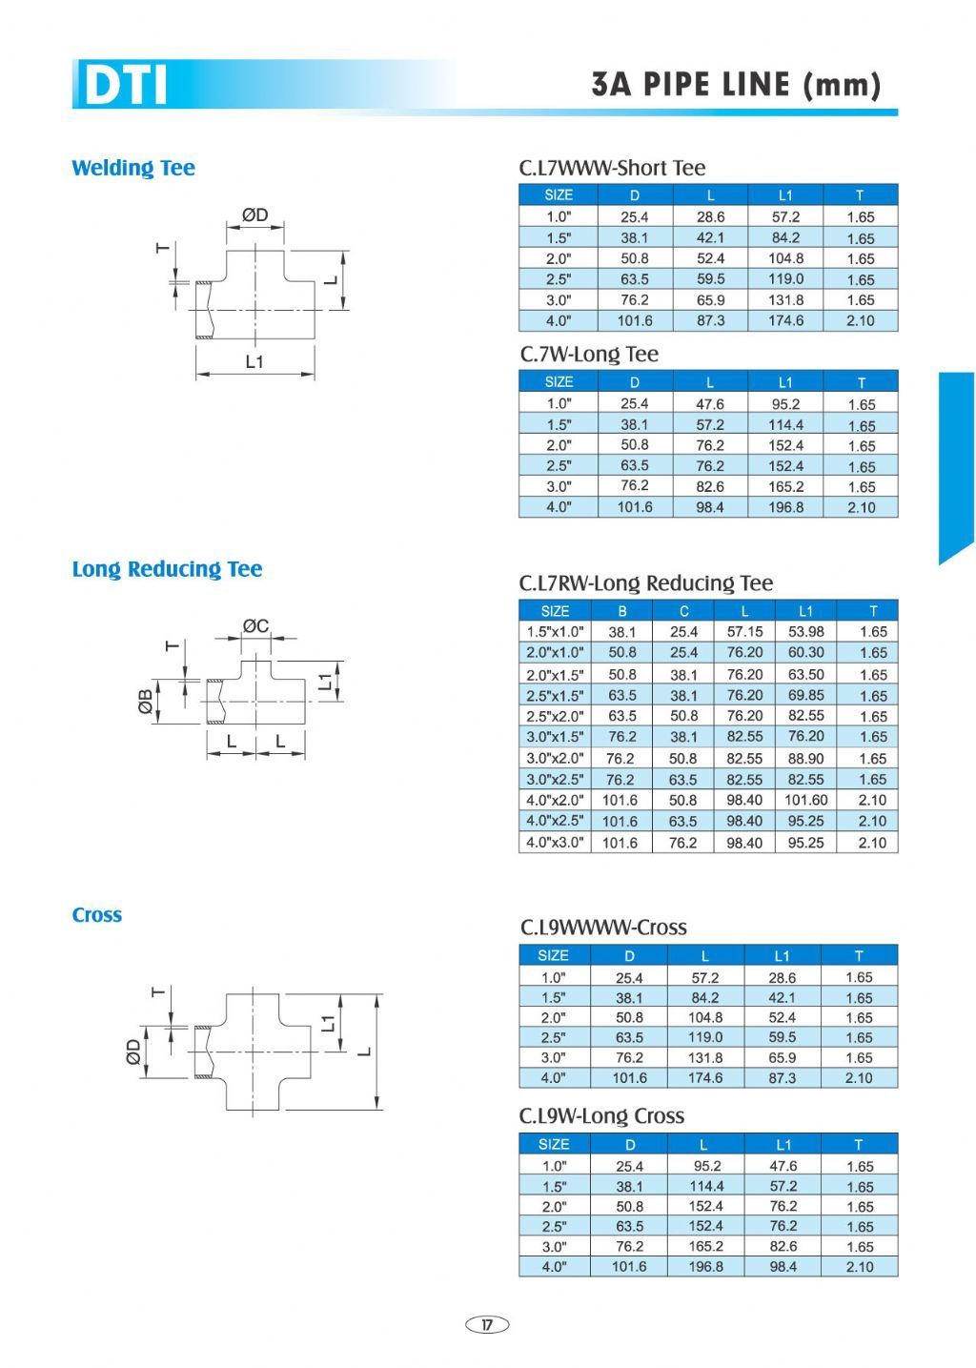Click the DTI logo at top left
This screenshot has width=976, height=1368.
125,84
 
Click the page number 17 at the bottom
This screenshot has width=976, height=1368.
487,1324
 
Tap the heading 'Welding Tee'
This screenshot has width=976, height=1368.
133,169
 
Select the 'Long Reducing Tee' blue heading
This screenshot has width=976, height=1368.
167,569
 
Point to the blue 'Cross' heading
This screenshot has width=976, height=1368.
97,915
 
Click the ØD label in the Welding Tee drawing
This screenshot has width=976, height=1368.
254,215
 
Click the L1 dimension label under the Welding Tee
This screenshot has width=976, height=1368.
254,361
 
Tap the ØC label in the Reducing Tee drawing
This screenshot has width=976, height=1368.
255,626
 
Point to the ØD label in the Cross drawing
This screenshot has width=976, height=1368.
133,1052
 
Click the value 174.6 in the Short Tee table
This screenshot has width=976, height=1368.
785,321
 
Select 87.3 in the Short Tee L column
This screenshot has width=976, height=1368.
710,321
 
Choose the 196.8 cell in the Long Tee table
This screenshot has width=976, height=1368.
785,508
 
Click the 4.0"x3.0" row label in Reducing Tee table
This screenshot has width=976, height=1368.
555,843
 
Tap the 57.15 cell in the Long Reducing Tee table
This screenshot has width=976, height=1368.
744,632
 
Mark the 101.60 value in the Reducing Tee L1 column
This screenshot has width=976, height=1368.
805,801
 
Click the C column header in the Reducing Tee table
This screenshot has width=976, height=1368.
683,611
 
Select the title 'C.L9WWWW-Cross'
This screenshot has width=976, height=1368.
603,928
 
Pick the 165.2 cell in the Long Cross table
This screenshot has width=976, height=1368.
705,1247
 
